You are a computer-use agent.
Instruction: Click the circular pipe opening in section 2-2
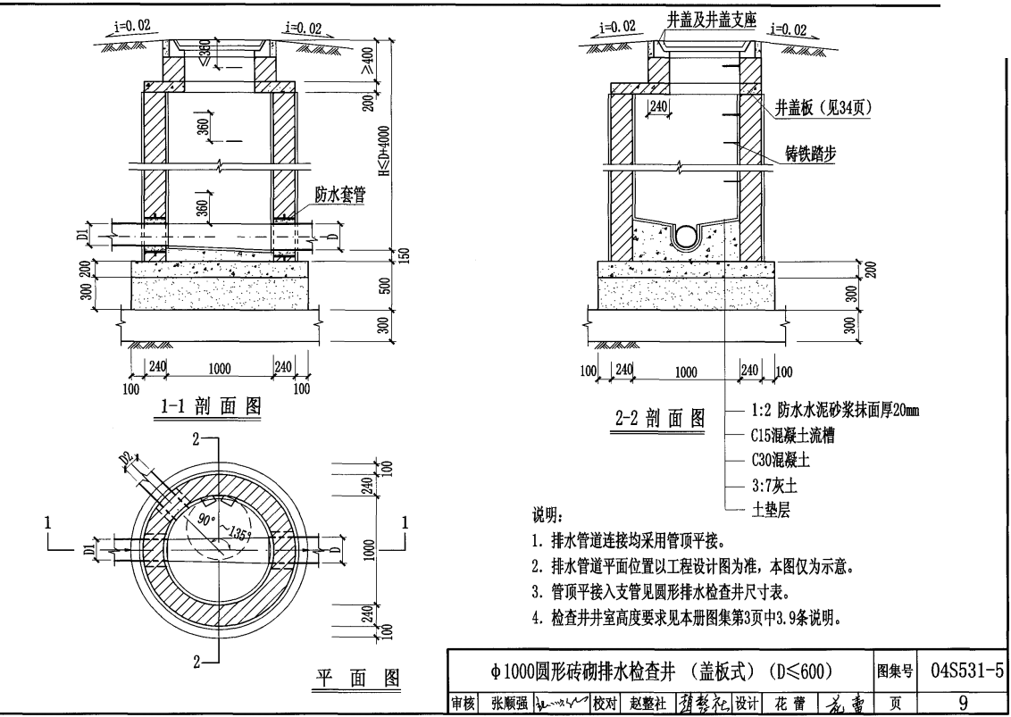tap(687, 236)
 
